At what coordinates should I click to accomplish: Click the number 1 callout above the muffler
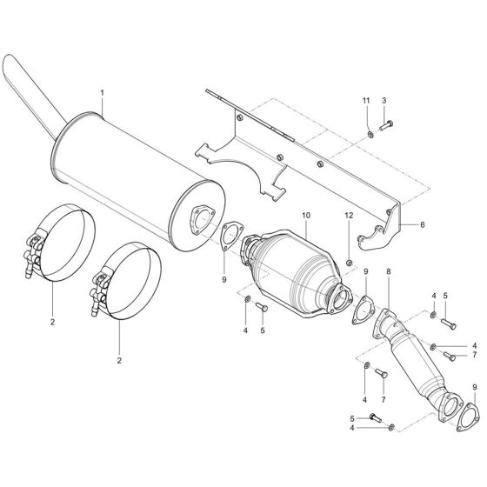pos(102,91)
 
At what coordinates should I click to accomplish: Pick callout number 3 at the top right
pos(384,102)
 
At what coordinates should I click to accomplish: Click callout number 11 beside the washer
pos(366,102)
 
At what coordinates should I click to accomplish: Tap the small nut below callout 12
pos(348,262)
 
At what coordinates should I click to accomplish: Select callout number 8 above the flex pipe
pos(389,272)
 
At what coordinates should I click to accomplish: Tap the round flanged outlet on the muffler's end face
pos(203,219)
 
